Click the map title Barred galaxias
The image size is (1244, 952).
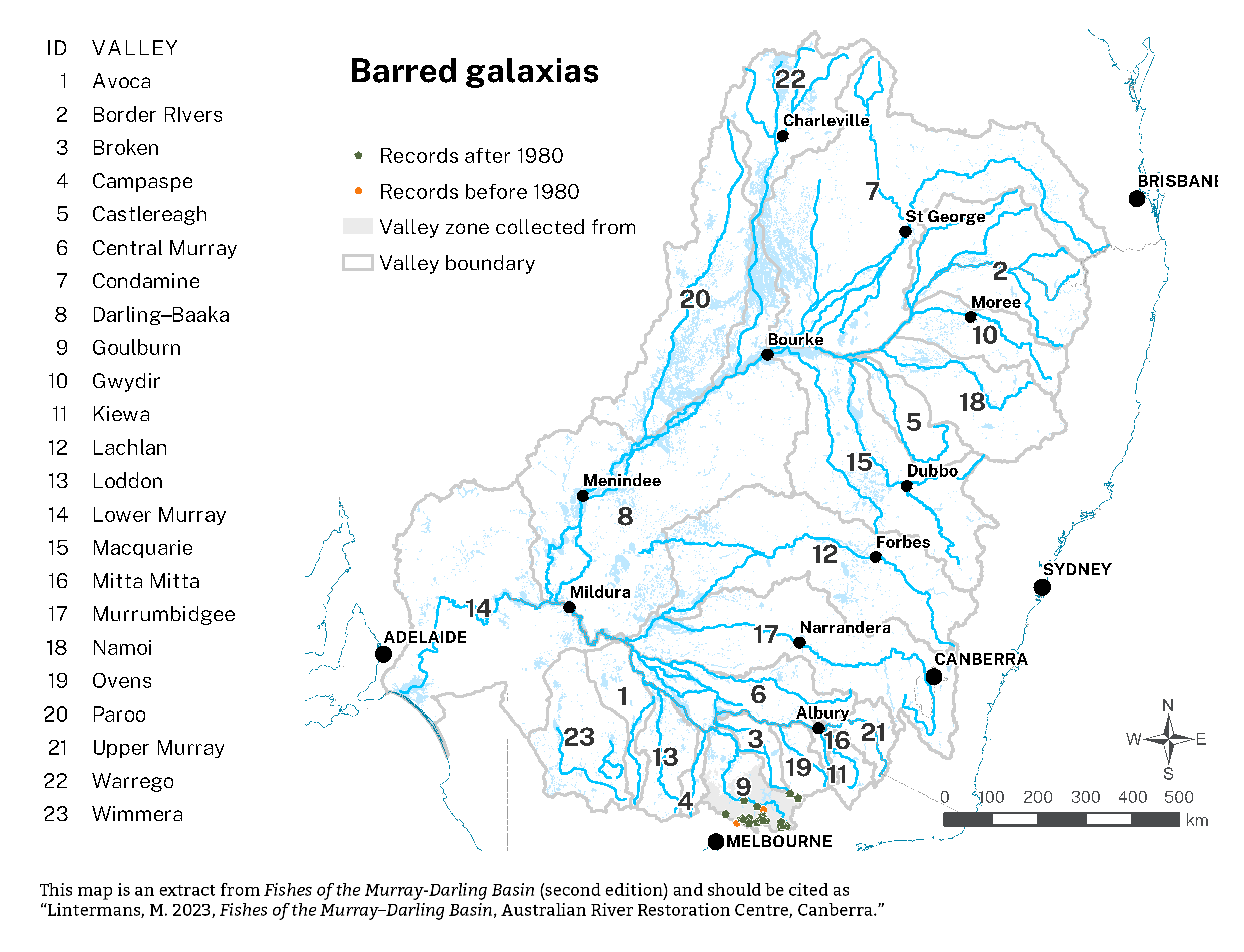[x=474, y=71]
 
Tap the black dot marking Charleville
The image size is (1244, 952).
[x=783, y=136]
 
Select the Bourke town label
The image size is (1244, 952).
[x=795, y=339]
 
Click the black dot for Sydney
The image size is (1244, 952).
[x=1042, y=588]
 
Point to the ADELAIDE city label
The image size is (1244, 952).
[x=425, y=637]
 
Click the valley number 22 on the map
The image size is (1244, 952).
[x=790, y=79]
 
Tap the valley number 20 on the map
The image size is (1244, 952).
[x=694, y=299]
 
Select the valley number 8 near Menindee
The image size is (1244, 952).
[x=625, y=516]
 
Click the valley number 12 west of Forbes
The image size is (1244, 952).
[x=824, y=554]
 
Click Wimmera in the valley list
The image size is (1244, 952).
[x=137, y=814]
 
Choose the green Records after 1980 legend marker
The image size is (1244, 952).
[x=358, y=155]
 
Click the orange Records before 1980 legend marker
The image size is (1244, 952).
[x=358, y=191]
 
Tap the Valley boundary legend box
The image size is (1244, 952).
[x=358, y=263]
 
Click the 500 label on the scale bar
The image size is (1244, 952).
[x=1178, y=797]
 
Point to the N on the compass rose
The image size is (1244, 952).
[x=1167, y=705]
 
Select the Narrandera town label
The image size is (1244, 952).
[x=845, y=628]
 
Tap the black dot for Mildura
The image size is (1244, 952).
[x=569, y=607]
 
